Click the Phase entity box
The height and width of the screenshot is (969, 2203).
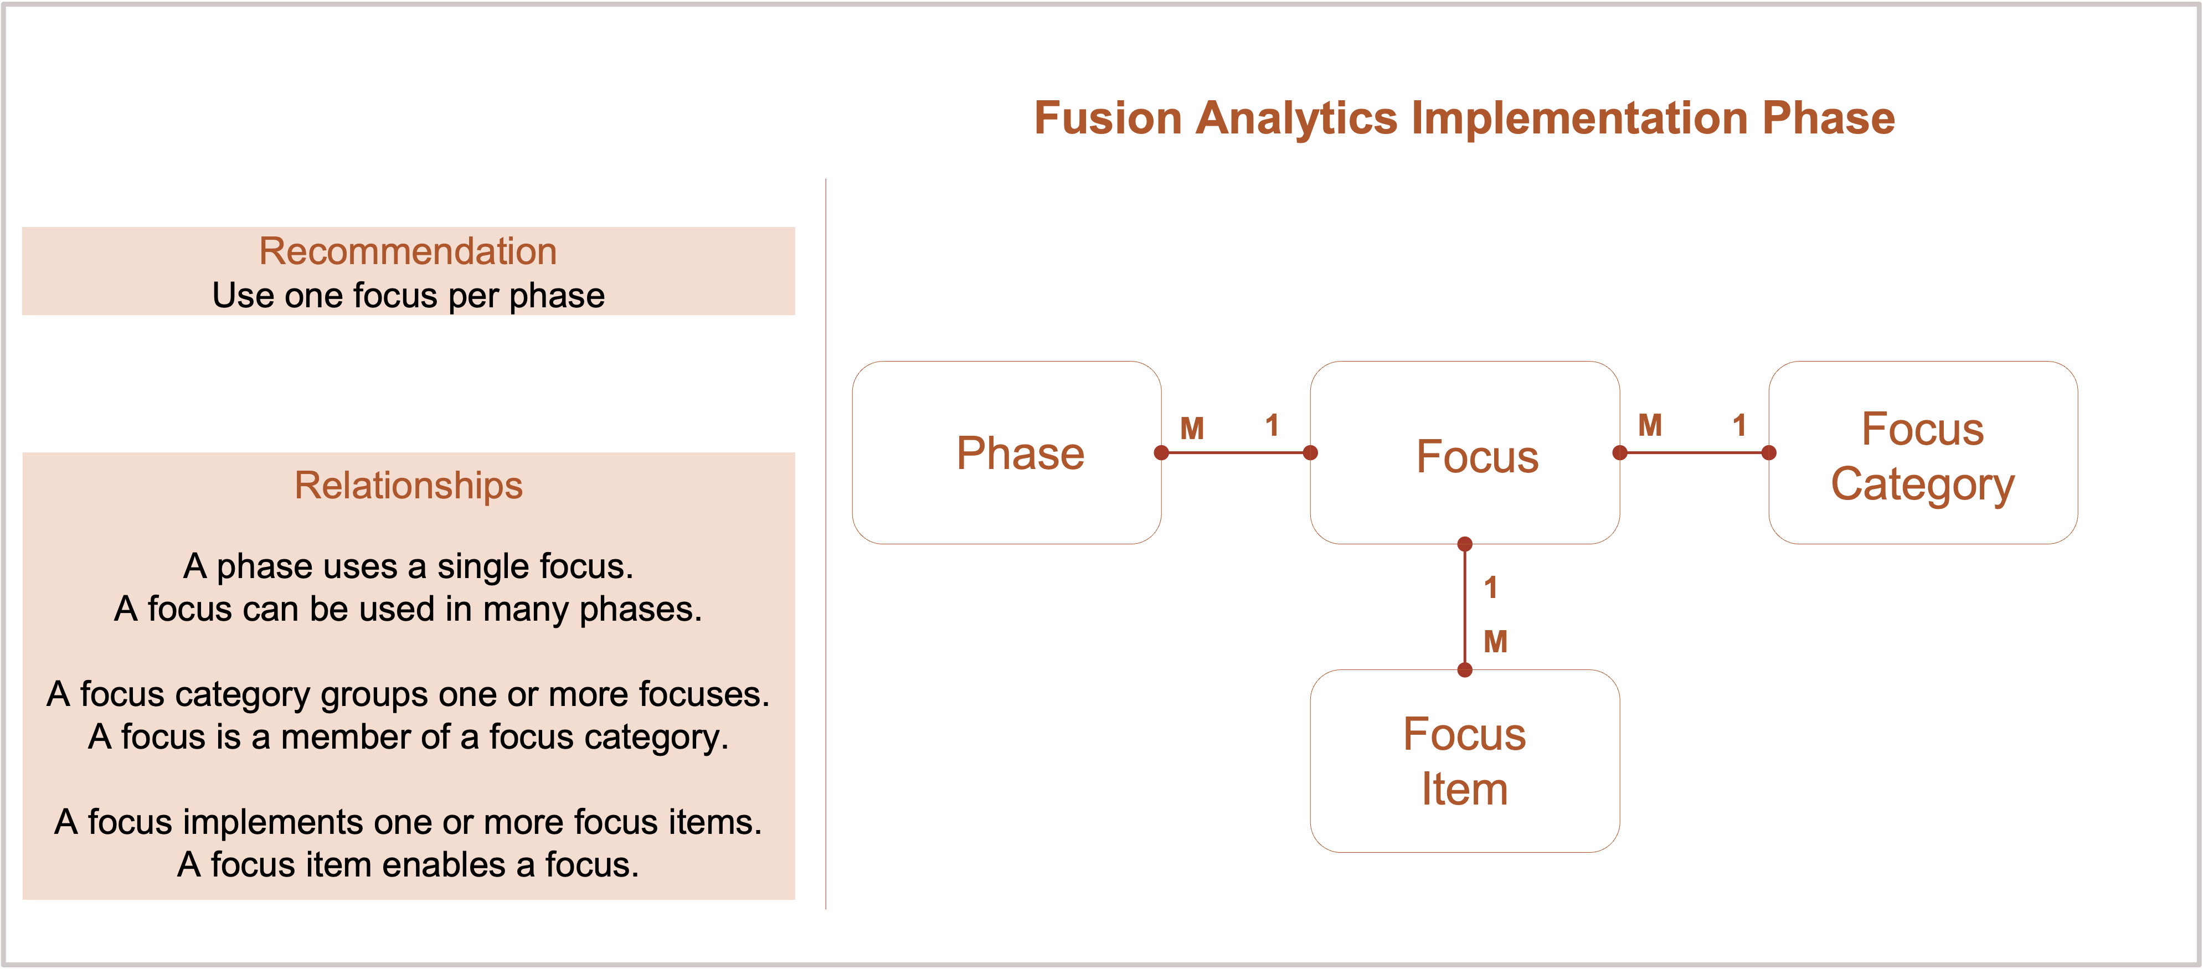click(1007, 452)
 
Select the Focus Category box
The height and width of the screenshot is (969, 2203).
click(1922, 452)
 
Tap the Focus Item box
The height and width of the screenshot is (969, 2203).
click(1464, 760)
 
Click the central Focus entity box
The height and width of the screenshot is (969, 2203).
click(1464, 452)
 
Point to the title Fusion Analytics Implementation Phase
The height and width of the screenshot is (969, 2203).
click(1464, 117)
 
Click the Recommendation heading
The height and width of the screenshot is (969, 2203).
click(408, 251)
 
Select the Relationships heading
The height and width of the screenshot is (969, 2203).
click(408, 485)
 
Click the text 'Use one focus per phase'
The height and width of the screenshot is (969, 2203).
click(408, 295)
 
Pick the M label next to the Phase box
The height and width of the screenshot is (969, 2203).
click(1192, 427)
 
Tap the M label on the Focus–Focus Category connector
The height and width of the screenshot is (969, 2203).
click(1650, 425)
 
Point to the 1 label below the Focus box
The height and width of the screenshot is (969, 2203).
click(1491, 587)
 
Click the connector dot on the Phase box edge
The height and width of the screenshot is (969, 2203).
click(1161, 452)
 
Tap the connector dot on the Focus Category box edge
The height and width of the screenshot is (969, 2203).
click(1769, 452)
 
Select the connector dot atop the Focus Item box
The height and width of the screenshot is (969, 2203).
click(1465, 669)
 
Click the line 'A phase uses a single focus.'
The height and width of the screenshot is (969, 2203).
click(408, 566)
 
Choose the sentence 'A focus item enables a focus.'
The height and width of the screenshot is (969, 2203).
click(408, 865)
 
